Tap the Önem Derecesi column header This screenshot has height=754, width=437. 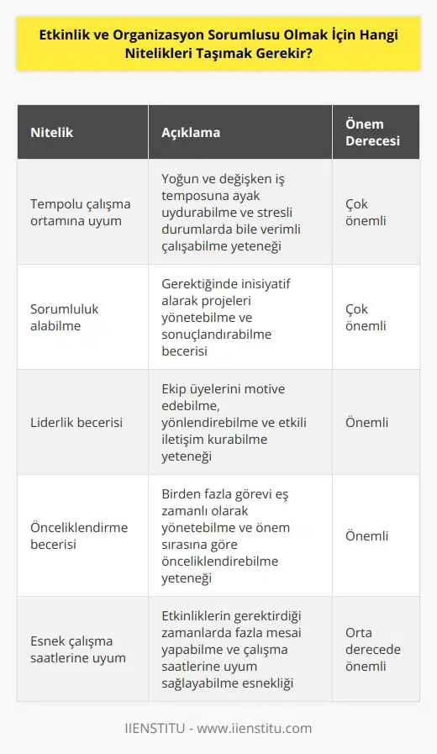click(371, 131)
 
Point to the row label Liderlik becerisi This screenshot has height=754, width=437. click(76, 422)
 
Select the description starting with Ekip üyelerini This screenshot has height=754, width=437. click(227, 422)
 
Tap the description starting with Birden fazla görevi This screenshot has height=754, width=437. click(227, 535)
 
